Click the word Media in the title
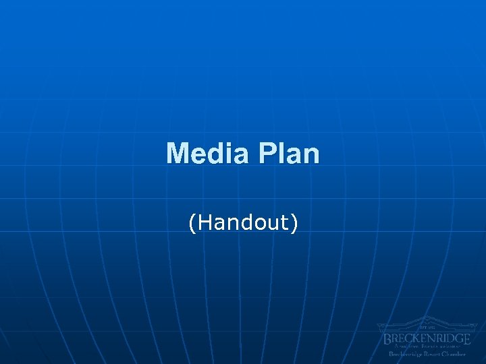click(x=207, y=154)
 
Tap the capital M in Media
click(x=178, y=154)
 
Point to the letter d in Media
click(x=215, y=154)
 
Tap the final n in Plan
click(x=310, y=155)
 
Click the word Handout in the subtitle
click(x=243, y=222)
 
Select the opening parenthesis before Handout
click(x=193, y=223)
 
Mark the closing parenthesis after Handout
click(x=293, y=223)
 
